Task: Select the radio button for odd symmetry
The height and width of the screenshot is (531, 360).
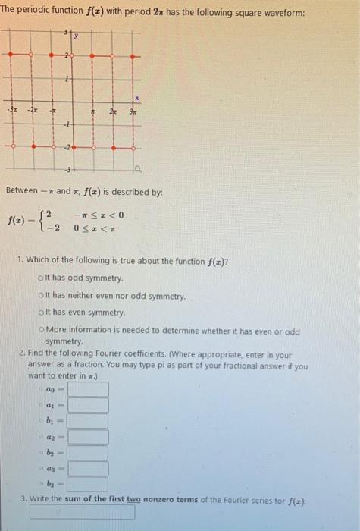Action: (x=39, y=278)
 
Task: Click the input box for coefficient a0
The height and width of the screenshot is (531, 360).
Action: (x=87, y=389)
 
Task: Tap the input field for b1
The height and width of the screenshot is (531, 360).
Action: (x=87, y=420)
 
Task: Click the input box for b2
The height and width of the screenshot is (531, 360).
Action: (x=87, y=452)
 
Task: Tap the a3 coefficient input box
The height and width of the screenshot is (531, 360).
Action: (x=87, y=468)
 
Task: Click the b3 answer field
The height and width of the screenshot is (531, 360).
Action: (x=87, y=483)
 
